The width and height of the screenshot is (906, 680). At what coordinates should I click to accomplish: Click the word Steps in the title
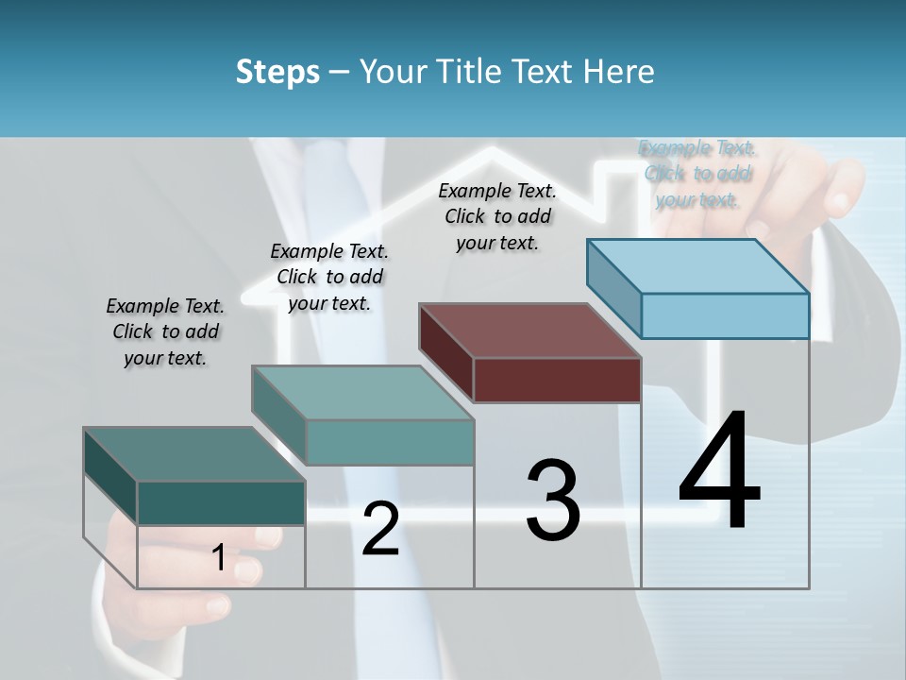pos(277,72)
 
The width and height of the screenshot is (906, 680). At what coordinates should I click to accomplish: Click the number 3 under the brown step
pos(553,500)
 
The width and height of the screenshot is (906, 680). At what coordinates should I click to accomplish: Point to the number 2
pos(380,529)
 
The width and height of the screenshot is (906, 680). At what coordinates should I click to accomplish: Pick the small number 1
pos(219,557)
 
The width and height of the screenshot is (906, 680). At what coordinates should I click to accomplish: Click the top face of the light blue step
pos(698,265)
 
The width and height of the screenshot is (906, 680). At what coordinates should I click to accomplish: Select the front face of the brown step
pos(557,380)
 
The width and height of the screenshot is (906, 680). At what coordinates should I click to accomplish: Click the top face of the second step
pos(362,392)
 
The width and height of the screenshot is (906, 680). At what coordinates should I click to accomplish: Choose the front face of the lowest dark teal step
pos(221,502)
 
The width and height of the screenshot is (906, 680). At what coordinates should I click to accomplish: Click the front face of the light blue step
pos(725,315)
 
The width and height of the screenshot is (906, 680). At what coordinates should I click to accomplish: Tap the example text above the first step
pos(165,331)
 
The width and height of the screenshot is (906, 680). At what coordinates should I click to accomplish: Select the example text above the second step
pos(329,277)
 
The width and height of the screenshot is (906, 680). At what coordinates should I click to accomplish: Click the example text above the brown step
pos(497,216)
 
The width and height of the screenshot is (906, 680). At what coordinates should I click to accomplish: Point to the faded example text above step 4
pos(697,173)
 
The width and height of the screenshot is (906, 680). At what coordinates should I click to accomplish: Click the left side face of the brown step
pos(445,352)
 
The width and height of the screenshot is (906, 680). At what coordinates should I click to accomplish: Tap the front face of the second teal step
pos(390,442)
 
